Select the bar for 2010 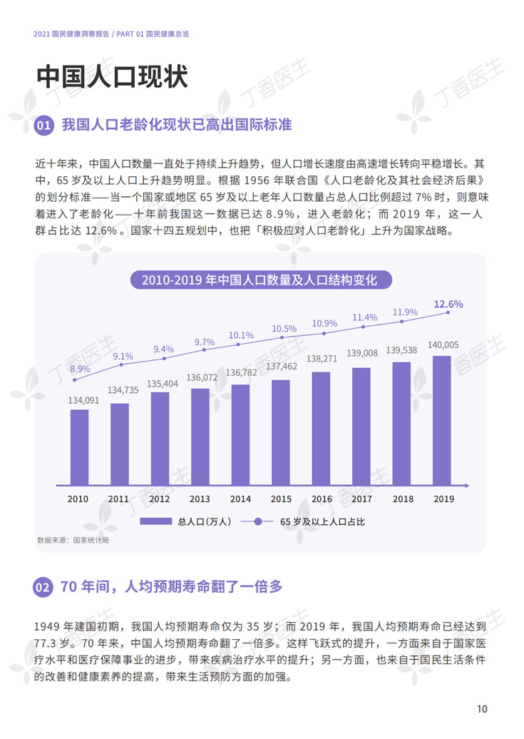coord(79,447)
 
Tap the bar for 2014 coord(240,435)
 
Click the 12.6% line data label coord(448,304)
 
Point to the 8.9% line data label coord(80,369)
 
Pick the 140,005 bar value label coord(443,345)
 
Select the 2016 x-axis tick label coord(322,499)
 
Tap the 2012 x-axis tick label coord(160,499)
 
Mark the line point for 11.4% coord(364,327)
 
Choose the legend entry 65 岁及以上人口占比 coord(307,521)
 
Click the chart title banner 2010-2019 coord(261,279)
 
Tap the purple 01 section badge coord(43,126)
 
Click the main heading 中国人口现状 coord(111,77)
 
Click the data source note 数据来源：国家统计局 coord(73,540)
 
